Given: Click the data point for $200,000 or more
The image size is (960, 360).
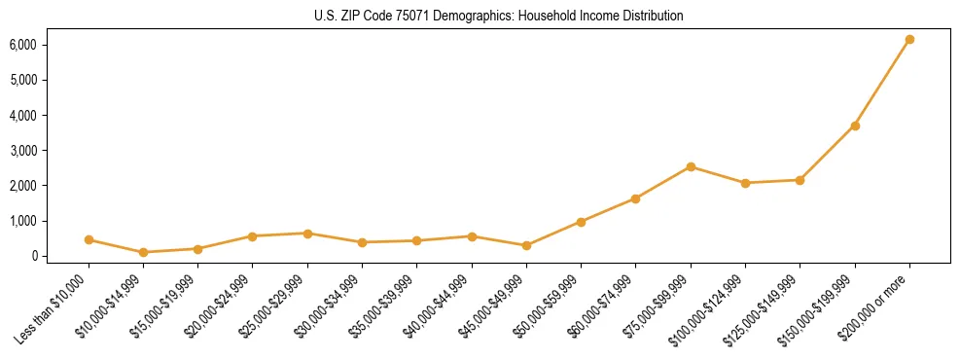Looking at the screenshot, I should [x=909, y=40].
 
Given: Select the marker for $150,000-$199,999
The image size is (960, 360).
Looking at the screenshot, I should [x=855, y=126].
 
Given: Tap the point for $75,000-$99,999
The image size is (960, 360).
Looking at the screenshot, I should [x=691, y=166].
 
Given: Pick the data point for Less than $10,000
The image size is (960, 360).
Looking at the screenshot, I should [x=89, y=239].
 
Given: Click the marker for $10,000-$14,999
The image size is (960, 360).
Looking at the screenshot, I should [x=143, y=252].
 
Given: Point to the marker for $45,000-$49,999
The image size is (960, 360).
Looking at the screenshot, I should [x=526, y=245].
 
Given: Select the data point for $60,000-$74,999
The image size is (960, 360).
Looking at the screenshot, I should [x=635, y=198].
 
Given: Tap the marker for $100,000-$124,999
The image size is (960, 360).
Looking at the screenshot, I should [x=745, y=183].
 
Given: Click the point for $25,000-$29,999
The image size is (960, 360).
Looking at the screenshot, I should [x=307, y=234].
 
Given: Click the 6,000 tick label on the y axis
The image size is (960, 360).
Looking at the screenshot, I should [x=23, y=45].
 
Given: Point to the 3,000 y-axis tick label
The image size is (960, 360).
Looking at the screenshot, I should [x=23, y=151].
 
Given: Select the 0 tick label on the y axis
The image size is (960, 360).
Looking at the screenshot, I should [x=33, y=256].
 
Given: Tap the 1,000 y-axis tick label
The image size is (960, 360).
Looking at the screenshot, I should [x=23, y=221].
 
